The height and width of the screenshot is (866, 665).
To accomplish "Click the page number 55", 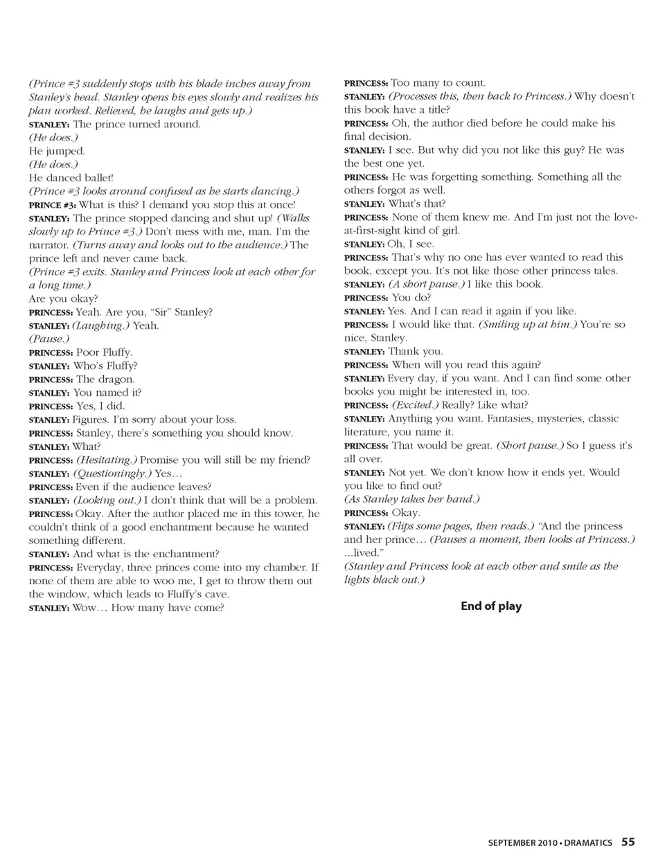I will pos(628,842).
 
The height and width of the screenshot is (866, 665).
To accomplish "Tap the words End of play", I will pos(491,606).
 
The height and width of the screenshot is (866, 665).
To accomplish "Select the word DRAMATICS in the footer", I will pos(588,842).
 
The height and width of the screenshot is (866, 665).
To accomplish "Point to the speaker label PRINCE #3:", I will pos(52,205).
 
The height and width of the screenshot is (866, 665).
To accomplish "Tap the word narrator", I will pos(50,245).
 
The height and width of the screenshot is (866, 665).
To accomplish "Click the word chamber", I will pos(281,568).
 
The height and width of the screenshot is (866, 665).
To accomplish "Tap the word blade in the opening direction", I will pos(182,84).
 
